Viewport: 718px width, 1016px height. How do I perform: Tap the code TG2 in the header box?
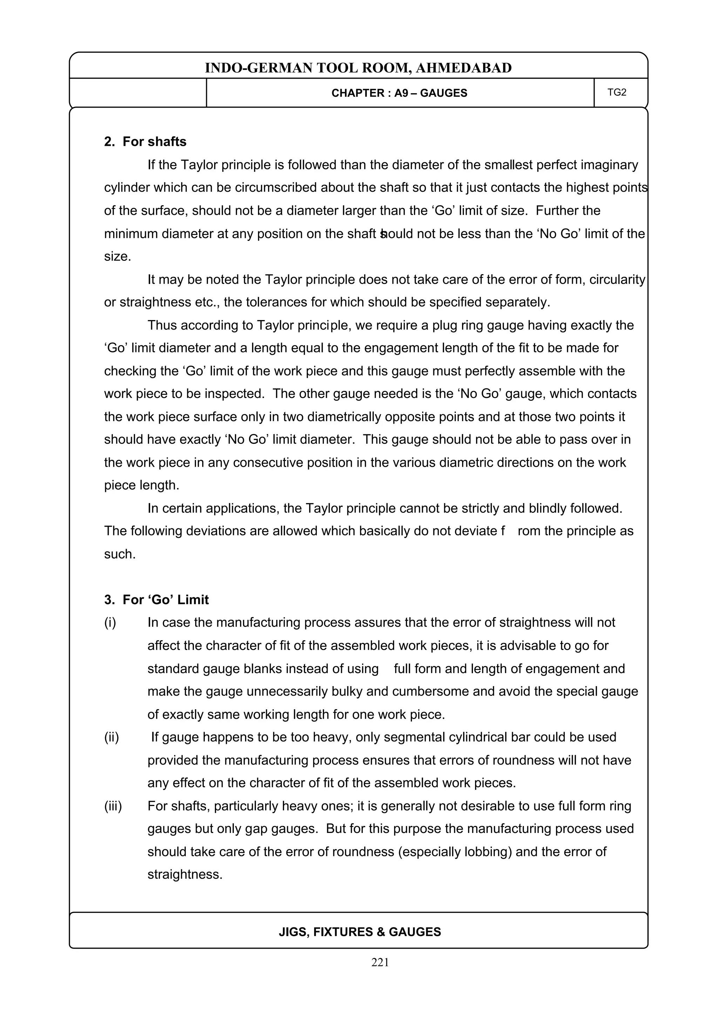click(x=617, y=93)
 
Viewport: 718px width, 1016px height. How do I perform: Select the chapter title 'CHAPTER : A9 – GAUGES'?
click(x=399, y=93)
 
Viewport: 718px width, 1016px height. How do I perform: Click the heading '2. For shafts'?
click(x=145, y=142)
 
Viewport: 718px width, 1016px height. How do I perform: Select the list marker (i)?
click(x=110, y=623)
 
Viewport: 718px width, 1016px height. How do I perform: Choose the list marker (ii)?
click(x=111, y=737)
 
